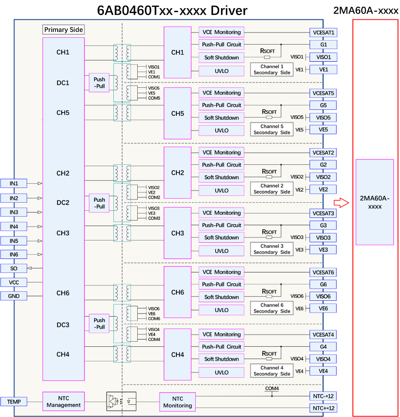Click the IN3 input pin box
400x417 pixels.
coord(14,212)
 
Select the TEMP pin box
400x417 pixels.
coord(14,401)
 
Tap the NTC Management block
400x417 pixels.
coord(63,401)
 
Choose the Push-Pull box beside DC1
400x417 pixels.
coord(99,83)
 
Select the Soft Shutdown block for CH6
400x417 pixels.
coord(221,297)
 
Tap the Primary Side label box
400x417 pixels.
coord(63,30)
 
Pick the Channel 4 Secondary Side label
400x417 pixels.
coord(272,371)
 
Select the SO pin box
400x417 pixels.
coord(14,268)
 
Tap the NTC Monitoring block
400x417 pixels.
coord(177,402)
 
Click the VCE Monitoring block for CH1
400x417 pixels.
coord(221,32)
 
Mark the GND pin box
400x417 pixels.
coord(14,296)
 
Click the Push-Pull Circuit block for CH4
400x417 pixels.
coord(221,347)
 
